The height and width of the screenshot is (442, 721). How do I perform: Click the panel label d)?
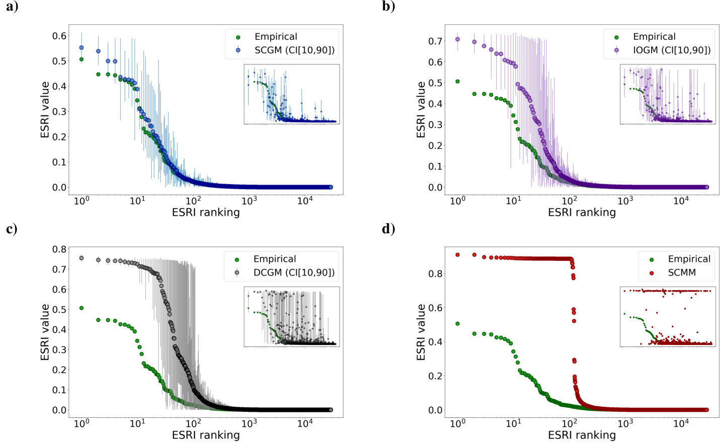pos(388,229)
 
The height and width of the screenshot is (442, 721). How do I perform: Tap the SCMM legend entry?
pos(681,273)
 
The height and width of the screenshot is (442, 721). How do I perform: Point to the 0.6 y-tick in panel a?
pos(59,36)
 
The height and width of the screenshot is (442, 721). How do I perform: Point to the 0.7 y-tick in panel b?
pos(435,41)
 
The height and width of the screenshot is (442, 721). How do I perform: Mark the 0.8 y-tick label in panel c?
pos(59,249)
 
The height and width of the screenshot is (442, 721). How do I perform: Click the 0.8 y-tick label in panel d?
pos(435,274)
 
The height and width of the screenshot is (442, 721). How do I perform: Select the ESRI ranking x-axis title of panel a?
pos(206,212)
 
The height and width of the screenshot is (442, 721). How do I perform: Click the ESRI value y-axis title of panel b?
pos(421,110)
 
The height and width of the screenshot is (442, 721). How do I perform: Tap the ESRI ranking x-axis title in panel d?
pos(582,435)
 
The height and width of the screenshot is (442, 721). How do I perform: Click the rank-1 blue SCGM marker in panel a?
pos(81,48)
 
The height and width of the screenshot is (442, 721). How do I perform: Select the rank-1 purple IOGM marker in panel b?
pos(458,39)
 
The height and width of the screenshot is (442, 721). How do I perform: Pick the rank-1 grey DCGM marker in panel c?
pos(81,258)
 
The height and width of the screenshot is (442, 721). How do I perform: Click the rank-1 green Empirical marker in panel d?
pos(458,324)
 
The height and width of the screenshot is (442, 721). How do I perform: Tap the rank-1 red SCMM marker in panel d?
pos(458,255)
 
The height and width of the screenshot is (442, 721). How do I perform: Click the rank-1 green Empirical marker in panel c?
pos(81,308)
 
